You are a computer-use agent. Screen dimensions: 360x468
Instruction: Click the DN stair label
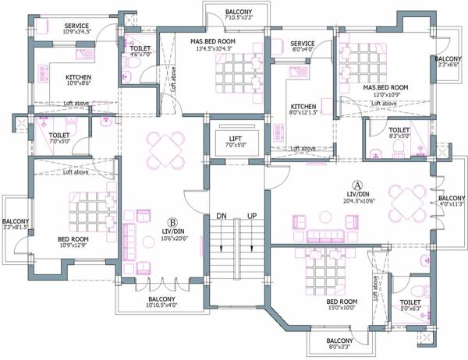222,214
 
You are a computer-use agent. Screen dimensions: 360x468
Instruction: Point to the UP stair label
251,214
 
